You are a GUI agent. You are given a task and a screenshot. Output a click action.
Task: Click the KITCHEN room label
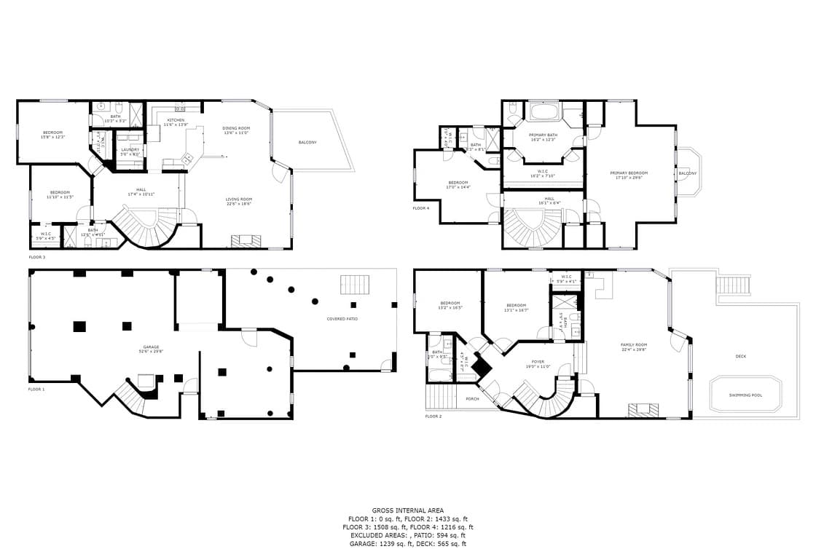176,120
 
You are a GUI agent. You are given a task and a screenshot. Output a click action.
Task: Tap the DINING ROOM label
236,128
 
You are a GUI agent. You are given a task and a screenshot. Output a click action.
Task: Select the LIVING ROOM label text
238,200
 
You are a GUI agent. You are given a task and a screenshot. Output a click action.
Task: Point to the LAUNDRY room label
130,150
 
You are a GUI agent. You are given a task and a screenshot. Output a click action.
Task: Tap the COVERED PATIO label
342,319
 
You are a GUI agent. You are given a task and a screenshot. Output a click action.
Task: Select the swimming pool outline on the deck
745,395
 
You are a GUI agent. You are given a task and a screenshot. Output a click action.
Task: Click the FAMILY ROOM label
634,345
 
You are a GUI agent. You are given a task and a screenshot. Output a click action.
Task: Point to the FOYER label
538,361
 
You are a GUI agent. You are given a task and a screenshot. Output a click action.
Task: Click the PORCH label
473,398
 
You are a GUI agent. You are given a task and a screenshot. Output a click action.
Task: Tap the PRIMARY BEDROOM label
629,173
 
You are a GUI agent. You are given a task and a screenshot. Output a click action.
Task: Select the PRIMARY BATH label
542,135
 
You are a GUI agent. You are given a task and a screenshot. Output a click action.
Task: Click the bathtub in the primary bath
544,112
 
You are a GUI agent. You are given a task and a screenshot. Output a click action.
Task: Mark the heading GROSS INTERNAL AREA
407,510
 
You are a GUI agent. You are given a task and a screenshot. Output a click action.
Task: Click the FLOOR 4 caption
421,208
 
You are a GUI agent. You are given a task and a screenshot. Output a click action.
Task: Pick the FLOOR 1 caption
36,390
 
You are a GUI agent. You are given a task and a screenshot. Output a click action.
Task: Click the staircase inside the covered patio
356,284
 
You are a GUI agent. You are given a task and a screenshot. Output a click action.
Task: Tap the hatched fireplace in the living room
246,241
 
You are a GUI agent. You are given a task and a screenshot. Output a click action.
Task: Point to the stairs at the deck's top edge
733,285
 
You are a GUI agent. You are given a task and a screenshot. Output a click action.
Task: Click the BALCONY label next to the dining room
307,142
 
